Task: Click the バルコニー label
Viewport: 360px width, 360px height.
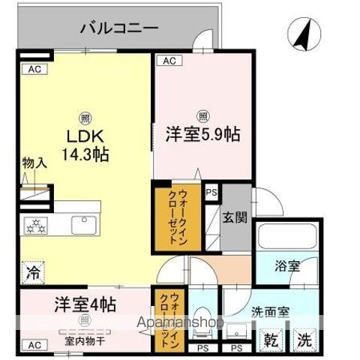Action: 119,29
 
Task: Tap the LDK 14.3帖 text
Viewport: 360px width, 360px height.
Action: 85,146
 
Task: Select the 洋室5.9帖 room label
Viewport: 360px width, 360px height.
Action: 202,135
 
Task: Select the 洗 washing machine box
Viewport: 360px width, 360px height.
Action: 303,337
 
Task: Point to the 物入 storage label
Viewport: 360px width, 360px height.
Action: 34,162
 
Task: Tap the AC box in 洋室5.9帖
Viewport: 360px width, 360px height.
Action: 169,60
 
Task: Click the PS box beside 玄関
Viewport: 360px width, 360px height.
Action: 211,192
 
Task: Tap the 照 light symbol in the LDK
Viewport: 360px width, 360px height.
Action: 85,118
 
